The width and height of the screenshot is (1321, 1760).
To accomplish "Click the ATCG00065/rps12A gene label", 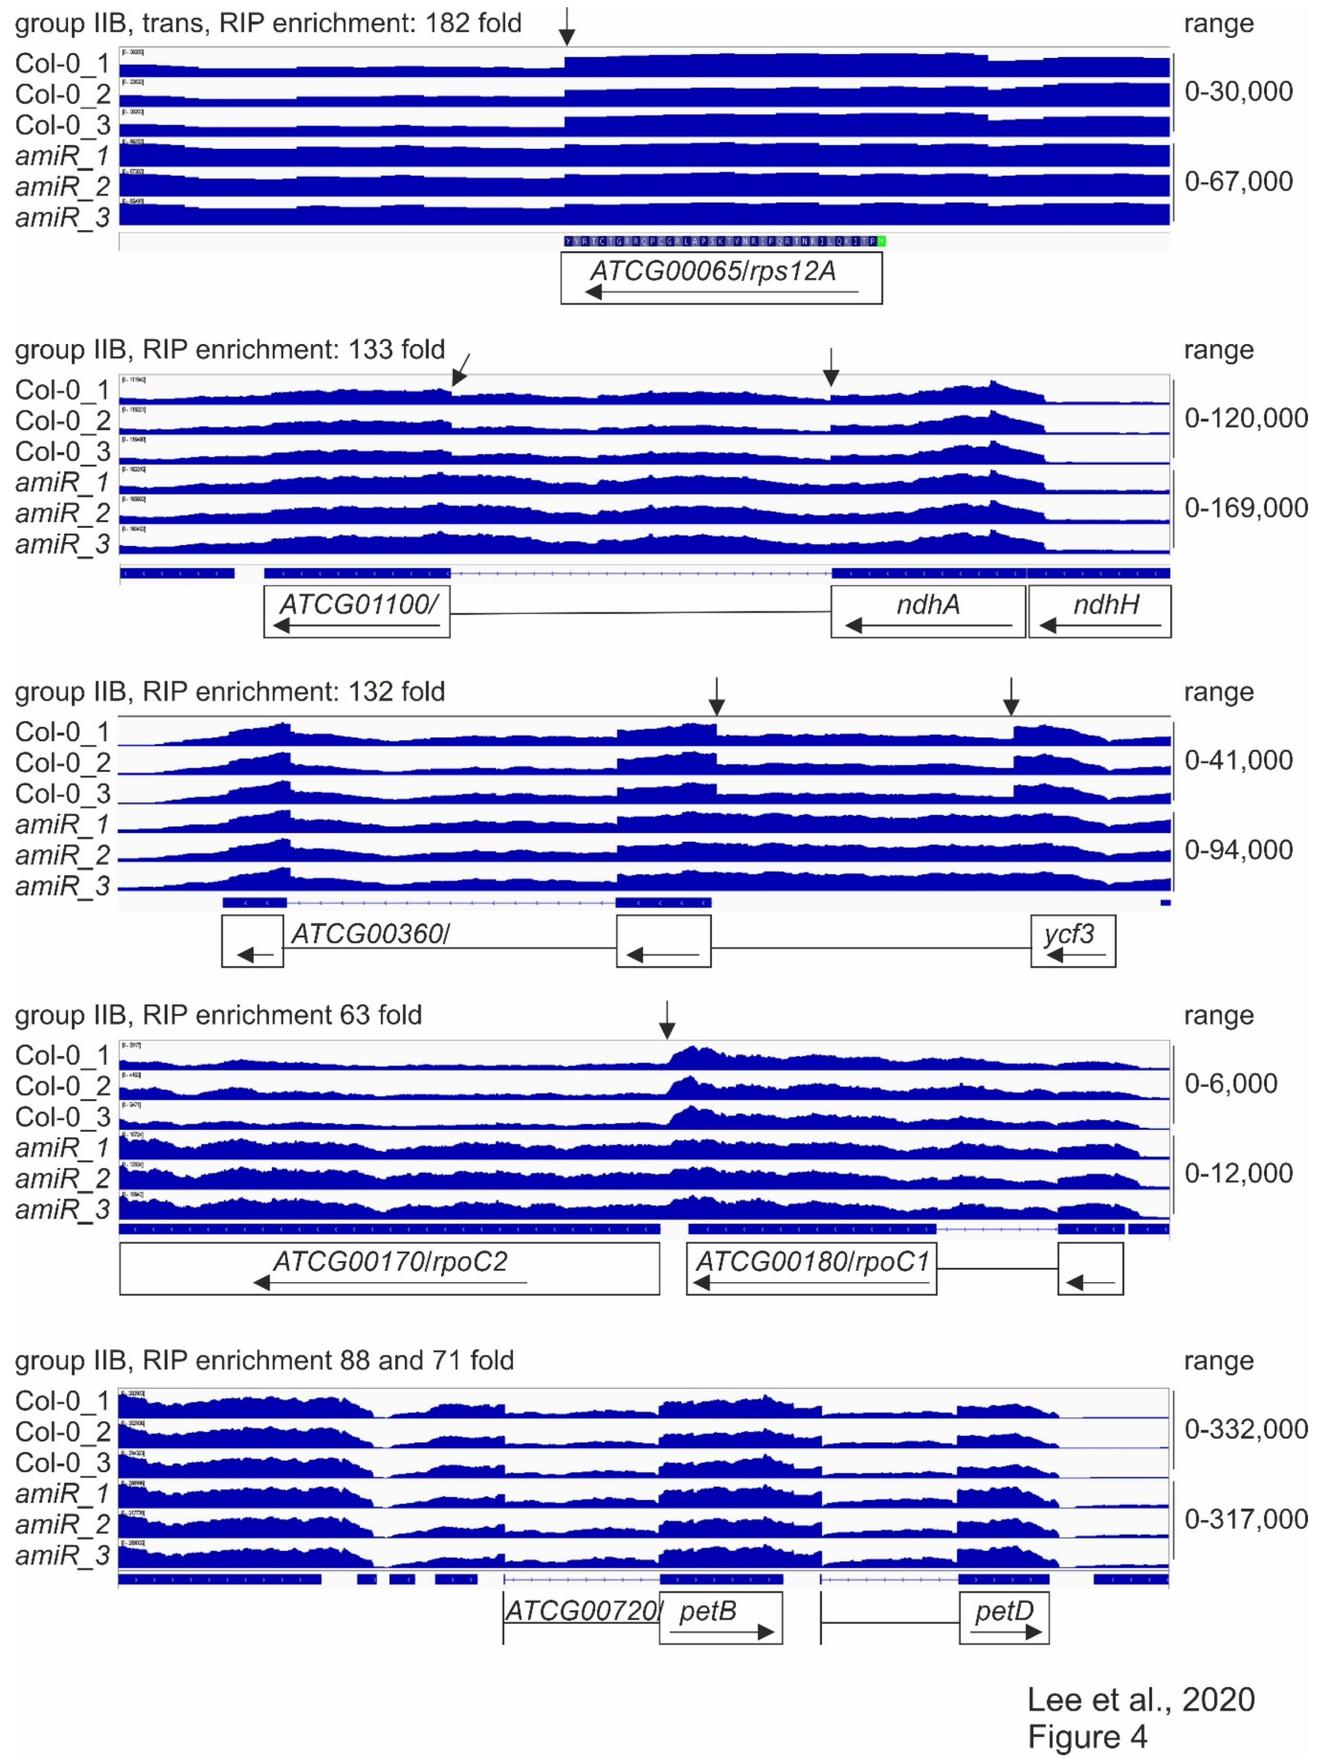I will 713,271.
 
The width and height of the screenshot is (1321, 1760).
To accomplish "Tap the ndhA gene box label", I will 927,605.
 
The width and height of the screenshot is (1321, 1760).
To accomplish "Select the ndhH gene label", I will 1105,605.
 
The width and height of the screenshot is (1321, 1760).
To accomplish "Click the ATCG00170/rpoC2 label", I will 390,1261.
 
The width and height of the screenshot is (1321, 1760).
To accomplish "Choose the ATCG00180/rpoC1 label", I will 812,1261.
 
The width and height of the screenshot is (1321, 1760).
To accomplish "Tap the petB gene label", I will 707,1611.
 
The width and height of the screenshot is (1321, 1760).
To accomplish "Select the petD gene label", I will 1004,1611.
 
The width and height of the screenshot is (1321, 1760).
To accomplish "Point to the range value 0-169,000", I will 1246,508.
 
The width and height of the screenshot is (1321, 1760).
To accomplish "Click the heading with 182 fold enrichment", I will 268,23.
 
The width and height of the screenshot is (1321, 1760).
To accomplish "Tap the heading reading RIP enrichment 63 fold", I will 218,1015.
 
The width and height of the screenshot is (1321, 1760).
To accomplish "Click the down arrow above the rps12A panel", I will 566,27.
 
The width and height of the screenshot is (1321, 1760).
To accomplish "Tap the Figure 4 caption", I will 1086,1735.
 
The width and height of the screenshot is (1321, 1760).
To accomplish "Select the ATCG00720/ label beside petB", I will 582,1611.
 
